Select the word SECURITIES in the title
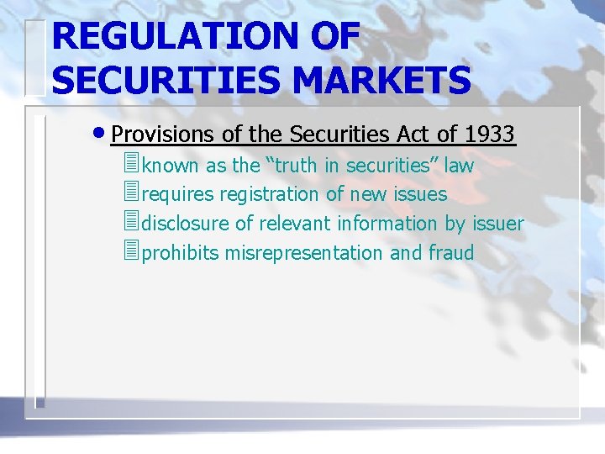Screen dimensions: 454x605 (x=155, y=81)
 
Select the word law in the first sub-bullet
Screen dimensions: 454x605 (x=460, y=166)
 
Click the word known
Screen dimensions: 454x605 (x=171, y=166)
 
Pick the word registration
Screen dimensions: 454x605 (x=269, y=194)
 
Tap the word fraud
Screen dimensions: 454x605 (x=451, y=253)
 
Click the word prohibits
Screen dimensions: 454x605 (x=181, y=253)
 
